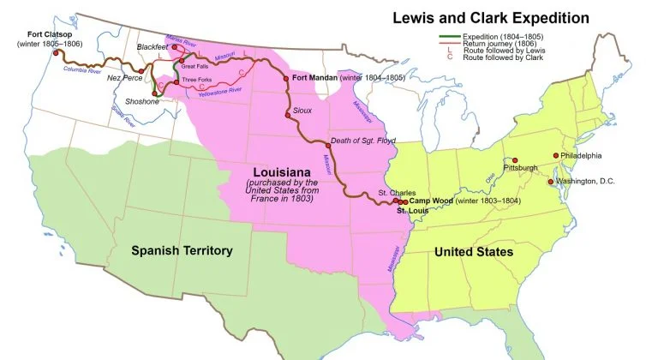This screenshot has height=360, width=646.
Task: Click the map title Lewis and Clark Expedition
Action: (x=489, y=17)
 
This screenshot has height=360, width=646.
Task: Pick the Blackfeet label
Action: (x=153, y=46)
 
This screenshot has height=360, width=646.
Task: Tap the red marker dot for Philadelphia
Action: (x=556, y=155)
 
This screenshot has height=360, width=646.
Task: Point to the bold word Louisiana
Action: (x=281, y=169)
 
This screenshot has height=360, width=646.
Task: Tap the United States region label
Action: (x=473, y=252)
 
